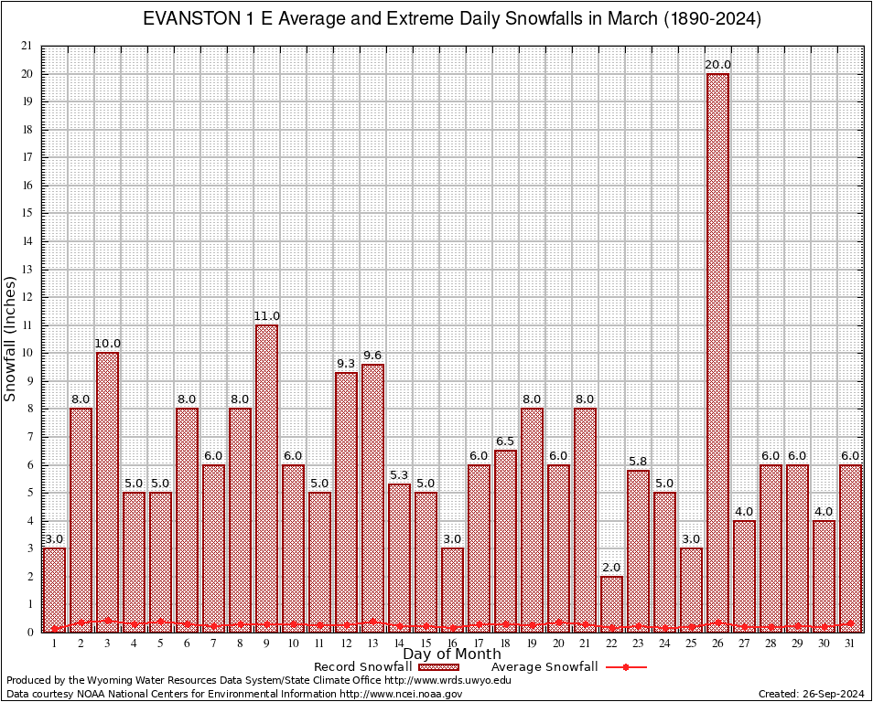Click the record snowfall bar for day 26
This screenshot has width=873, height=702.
[x=717, y=352]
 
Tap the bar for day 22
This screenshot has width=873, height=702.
[x=611, y=603]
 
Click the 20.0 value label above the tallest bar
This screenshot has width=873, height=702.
[x=717, y=65]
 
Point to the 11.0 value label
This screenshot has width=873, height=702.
[x=266, y=316]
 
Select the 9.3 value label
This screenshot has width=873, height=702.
[x=346, y=364]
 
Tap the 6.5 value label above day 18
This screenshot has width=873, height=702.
[x=505, y=442]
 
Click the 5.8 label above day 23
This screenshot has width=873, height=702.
[x=638, y=462]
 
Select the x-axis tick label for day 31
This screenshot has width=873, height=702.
[x=851, y=643]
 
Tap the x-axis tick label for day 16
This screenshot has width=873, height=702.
[x=452, y=643]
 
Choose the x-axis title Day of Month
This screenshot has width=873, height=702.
[x=452, y=654]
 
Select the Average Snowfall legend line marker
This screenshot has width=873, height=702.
[x=626, y=667]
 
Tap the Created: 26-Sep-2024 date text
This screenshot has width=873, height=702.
[x=811, y=694]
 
